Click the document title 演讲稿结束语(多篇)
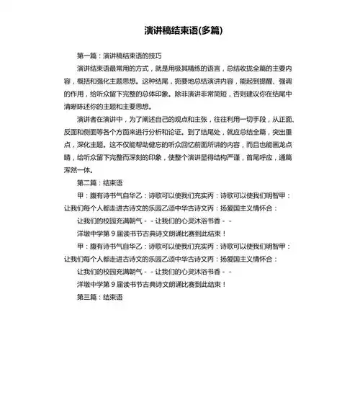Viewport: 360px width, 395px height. click(180, 32)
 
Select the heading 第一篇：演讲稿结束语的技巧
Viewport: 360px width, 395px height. click(119, 56)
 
